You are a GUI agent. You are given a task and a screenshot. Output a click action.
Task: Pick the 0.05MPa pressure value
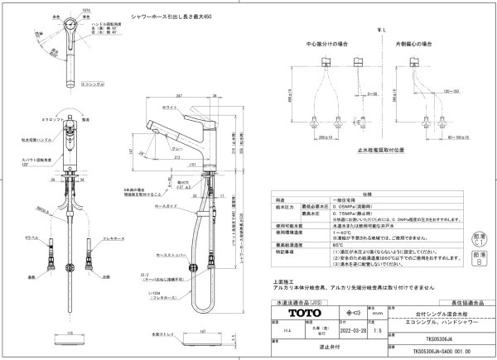pyautogui.click(x=342, y=207)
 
